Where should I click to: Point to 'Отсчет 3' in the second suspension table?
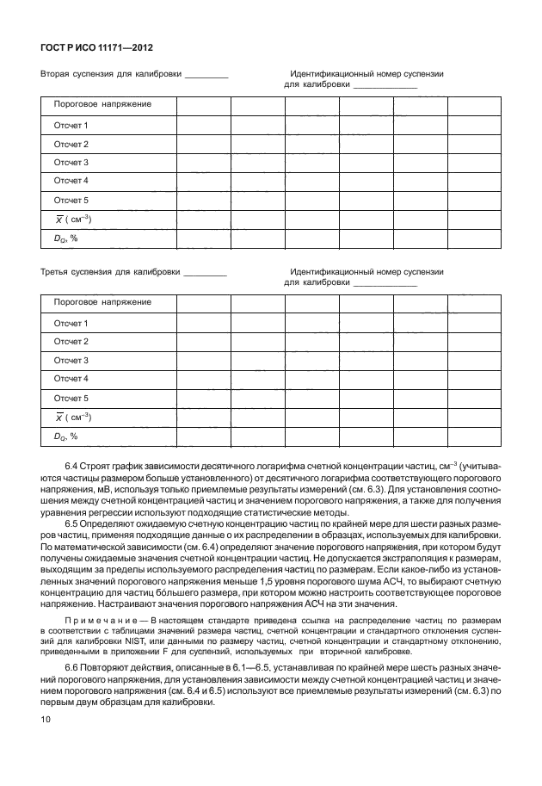[x=71, y=163]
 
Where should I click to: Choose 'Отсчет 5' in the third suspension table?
[x=71, y=399]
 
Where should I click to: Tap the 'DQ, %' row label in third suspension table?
[x=65, y=436]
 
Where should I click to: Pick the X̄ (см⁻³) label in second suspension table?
[x=72, y=220]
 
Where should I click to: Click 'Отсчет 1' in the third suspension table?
[x=71, y=324]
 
